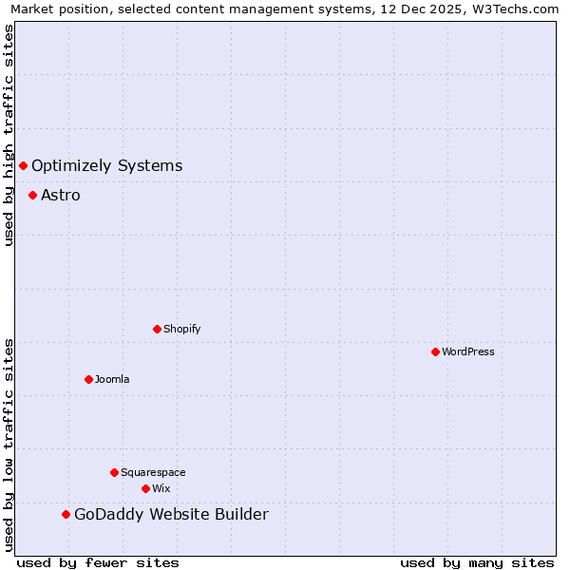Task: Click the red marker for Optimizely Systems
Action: point(23,166)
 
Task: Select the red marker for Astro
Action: point(32,196)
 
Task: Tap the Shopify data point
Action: point(157,330)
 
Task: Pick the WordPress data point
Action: point(435,352)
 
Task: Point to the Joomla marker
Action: point(88,380)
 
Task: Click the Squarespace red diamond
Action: point(114,473)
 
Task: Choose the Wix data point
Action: point(145,489)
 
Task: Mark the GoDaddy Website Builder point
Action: point(66,515)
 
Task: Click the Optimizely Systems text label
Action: point(106,166)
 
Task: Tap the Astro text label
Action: point(61,196)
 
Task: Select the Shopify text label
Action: point(181,330)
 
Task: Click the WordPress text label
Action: point(468,352)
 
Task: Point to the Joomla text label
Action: point(112,380)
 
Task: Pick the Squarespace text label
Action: point(153,473)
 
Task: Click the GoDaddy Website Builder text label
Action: point(171,515)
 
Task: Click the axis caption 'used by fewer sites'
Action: point(98,562)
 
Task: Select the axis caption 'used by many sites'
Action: point(477,562)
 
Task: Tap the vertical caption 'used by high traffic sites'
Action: point(9,135)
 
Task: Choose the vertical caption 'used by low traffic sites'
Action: point(9,445)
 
